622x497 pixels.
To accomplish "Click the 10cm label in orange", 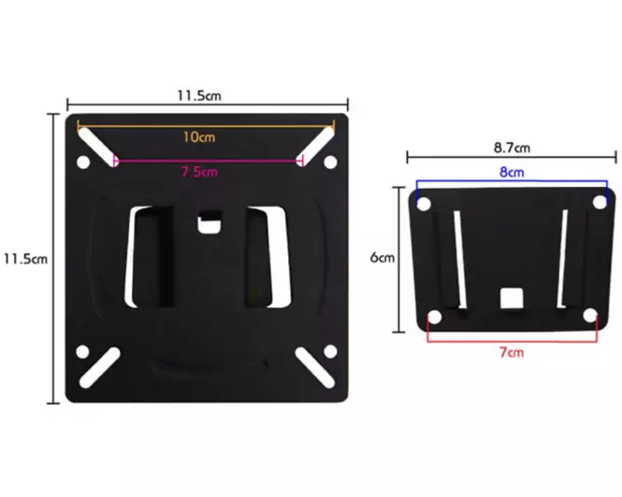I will coord(200,136).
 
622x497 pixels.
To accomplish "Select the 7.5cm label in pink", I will coord(198,171).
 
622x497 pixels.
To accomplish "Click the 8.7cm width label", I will coord(512,148).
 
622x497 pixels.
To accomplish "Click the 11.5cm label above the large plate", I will coord(199,95).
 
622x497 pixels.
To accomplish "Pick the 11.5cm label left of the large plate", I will coord(24,259).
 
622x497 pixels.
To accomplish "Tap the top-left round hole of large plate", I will coord(82,163).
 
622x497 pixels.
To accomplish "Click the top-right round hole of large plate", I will coord(329,163).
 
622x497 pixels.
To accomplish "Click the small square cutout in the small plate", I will coord(512,298).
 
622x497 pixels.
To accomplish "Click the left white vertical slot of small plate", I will coord(458,259).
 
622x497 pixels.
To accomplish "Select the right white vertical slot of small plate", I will coord(563,259).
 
